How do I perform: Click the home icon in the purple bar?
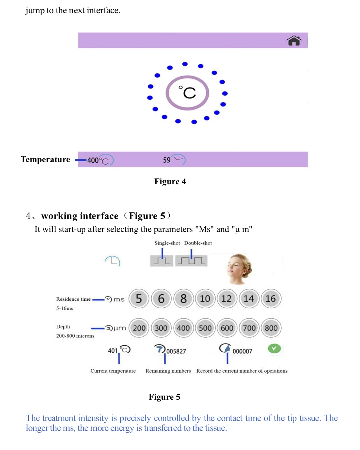294,41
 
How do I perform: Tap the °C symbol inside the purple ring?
187,93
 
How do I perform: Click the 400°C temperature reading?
93,160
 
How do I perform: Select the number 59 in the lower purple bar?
167,160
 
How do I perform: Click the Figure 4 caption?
170,181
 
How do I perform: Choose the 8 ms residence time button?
183,299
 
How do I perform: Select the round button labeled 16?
271,299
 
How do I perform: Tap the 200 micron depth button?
139,328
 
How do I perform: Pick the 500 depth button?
205,328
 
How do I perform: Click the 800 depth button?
271,328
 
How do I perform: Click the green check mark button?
274,349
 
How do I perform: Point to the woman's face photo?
239,269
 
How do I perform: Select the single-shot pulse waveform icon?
162,260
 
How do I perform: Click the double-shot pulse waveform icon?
191,260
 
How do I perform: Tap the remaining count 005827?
176,351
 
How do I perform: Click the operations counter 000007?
242,351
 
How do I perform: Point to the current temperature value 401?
113,351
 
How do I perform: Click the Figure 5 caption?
164,397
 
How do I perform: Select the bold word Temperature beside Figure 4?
45,159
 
